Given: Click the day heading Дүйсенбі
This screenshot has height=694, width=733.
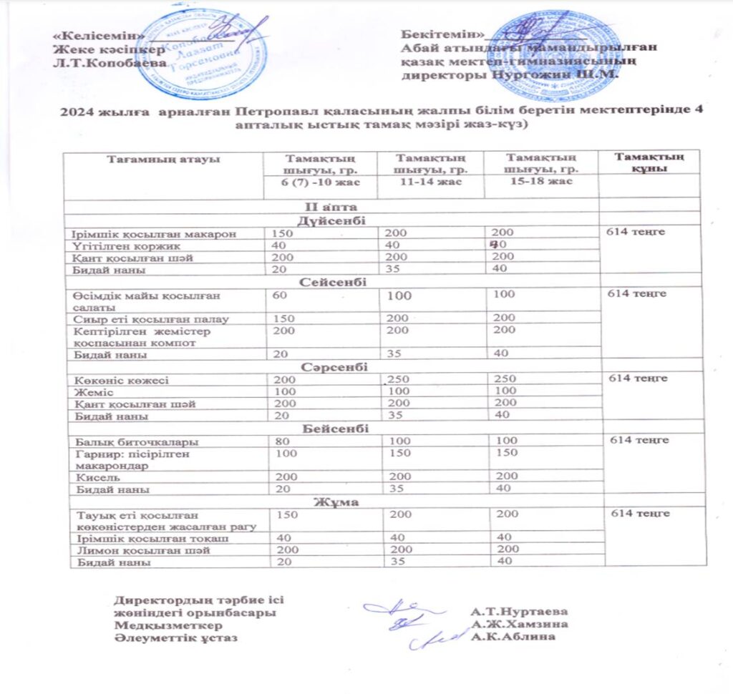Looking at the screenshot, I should [x=331, y=220].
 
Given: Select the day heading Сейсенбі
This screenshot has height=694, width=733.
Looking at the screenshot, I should [x=330, y=283].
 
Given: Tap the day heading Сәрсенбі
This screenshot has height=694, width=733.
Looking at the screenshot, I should [x=330, y=366].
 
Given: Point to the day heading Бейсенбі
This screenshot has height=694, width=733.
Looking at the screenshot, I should [x=330, y=429].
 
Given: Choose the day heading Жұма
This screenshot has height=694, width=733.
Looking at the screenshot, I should [x=330, y=502].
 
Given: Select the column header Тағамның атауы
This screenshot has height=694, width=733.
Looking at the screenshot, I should [x=163, y=158].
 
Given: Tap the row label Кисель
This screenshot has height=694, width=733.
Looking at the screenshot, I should [x=92, y=476].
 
